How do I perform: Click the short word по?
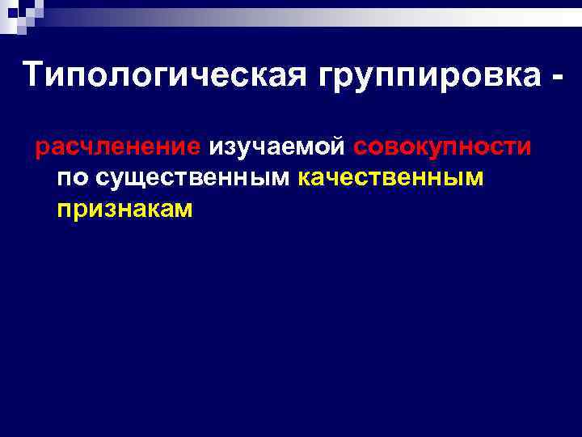tap(68, 177)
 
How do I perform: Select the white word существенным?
tap(188, 178)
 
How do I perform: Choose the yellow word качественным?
tap(391, 177)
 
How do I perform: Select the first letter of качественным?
tap(304, 178)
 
